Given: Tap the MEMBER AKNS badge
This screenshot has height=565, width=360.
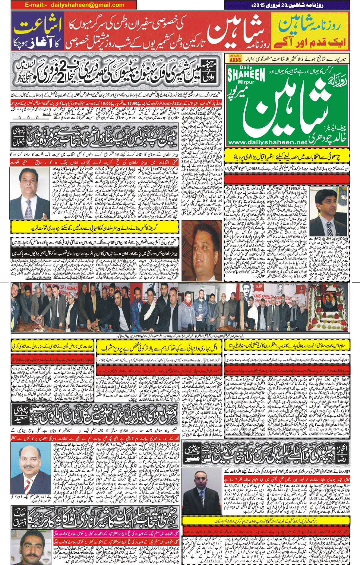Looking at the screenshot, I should tap(236, 58).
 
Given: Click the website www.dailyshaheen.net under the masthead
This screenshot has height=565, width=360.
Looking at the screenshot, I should tap(267, 142).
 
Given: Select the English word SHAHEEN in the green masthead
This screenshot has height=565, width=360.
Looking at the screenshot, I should tap(246, 75).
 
